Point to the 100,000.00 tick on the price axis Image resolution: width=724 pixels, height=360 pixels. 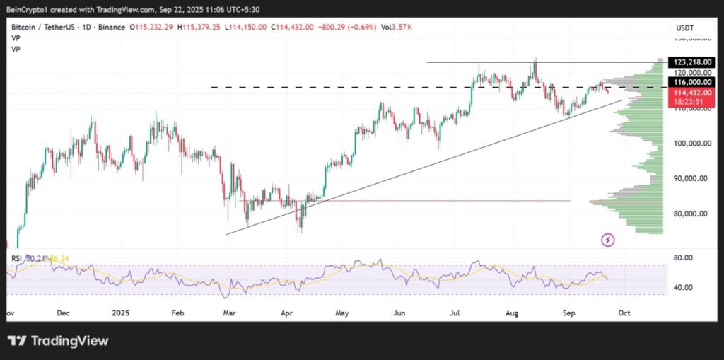pos(687,144)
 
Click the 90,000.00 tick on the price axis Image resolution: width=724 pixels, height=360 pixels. pos(688,179)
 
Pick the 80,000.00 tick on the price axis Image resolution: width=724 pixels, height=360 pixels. pos(688,214)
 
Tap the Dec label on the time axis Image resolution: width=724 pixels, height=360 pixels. pos(62,312)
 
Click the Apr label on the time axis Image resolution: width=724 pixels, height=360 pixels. pos(286,312)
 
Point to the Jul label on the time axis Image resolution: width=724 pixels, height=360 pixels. pos(455,312)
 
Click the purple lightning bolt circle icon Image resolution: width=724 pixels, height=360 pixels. pos(608,240)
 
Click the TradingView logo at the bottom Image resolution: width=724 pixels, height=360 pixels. pos(58,341)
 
